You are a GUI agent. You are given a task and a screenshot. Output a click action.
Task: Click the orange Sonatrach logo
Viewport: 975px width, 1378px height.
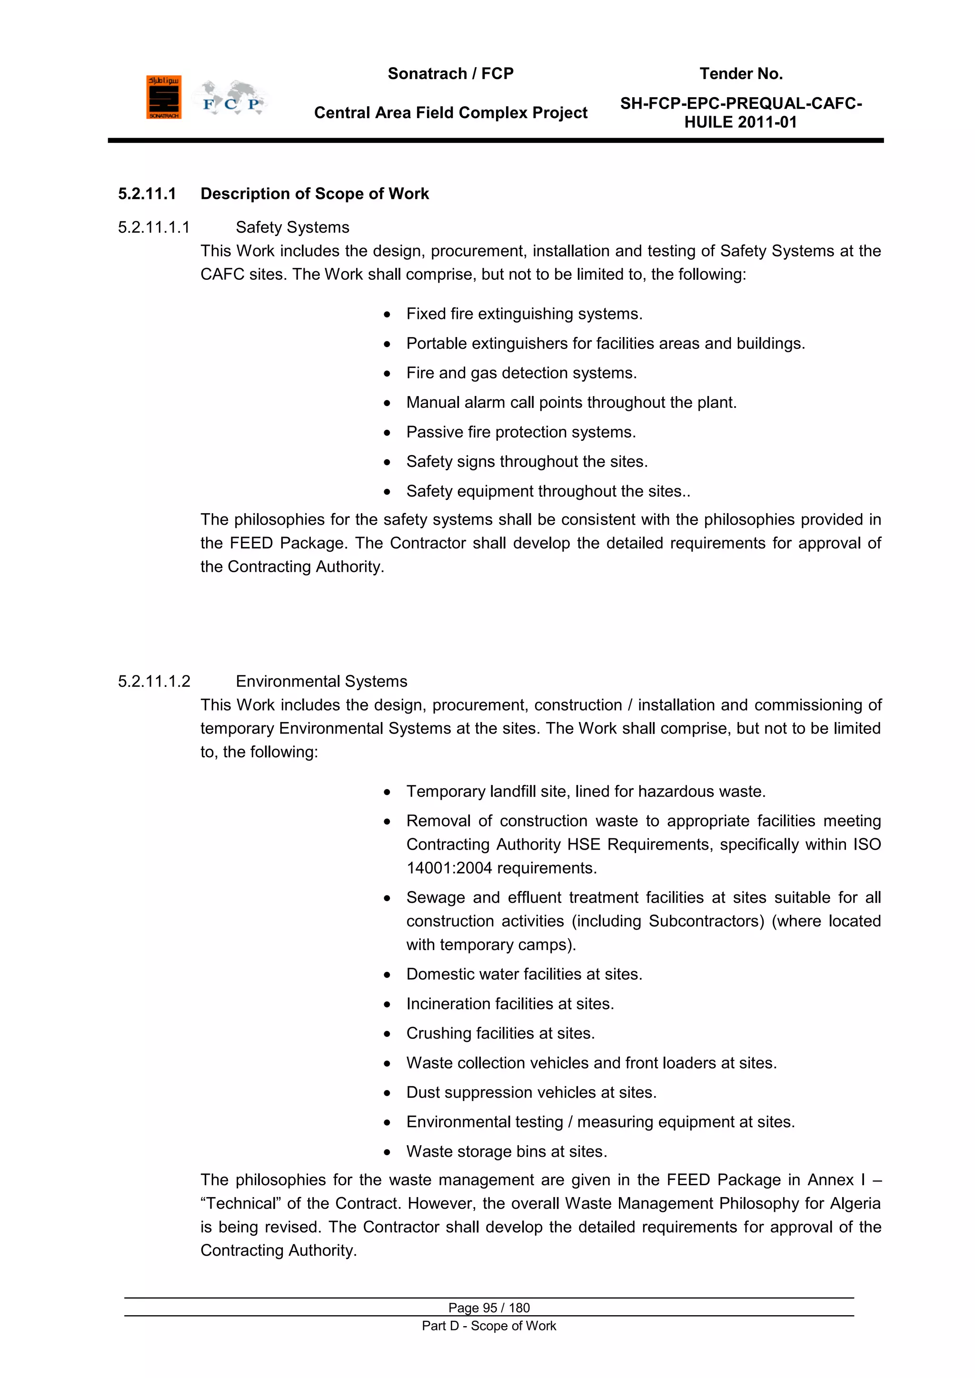(x=163, y=97)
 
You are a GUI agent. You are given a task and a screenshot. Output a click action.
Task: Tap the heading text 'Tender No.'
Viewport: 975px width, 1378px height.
(x=741, y=74)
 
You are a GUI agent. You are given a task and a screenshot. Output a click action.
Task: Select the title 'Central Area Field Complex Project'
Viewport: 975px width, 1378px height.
(x=450, y=113)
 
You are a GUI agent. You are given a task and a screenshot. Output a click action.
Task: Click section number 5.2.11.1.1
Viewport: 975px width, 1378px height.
(x=154, y=228)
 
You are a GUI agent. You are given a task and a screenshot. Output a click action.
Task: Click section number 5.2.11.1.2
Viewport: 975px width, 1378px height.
(x=154, y=681)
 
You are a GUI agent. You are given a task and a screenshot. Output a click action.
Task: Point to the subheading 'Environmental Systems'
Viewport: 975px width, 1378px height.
(x=321, y=681)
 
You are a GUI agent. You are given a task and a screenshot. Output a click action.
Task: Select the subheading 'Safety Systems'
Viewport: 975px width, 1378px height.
(x=292, y=228)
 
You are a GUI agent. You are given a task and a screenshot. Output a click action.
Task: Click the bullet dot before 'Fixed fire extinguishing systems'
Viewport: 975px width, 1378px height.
(x=387, y=315)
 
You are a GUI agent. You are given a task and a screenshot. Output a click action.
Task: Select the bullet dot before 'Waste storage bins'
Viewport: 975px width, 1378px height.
(x=387, y=1152)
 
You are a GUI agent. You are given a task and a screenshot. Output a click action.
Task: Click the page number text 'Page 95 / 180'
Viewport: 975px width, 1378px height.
(x=489, y=1307)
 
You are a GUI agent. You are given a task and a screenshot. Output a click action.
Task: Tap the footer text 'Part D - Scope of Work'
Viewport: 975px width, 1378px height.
(x=489, y=1325)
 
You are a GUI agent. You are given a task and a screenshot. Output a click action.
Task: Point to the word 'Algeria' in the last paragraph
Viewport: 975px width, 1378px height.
(x=855, y=1203)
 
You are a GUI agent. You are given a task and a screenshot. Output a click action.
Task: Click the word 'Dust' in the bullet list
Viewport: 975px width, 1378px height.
(x=423, y=1092)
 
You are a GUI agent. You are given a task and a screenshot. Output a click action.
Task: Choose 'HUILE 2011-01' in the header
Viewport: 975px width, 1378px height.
(x=740, y=122)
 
